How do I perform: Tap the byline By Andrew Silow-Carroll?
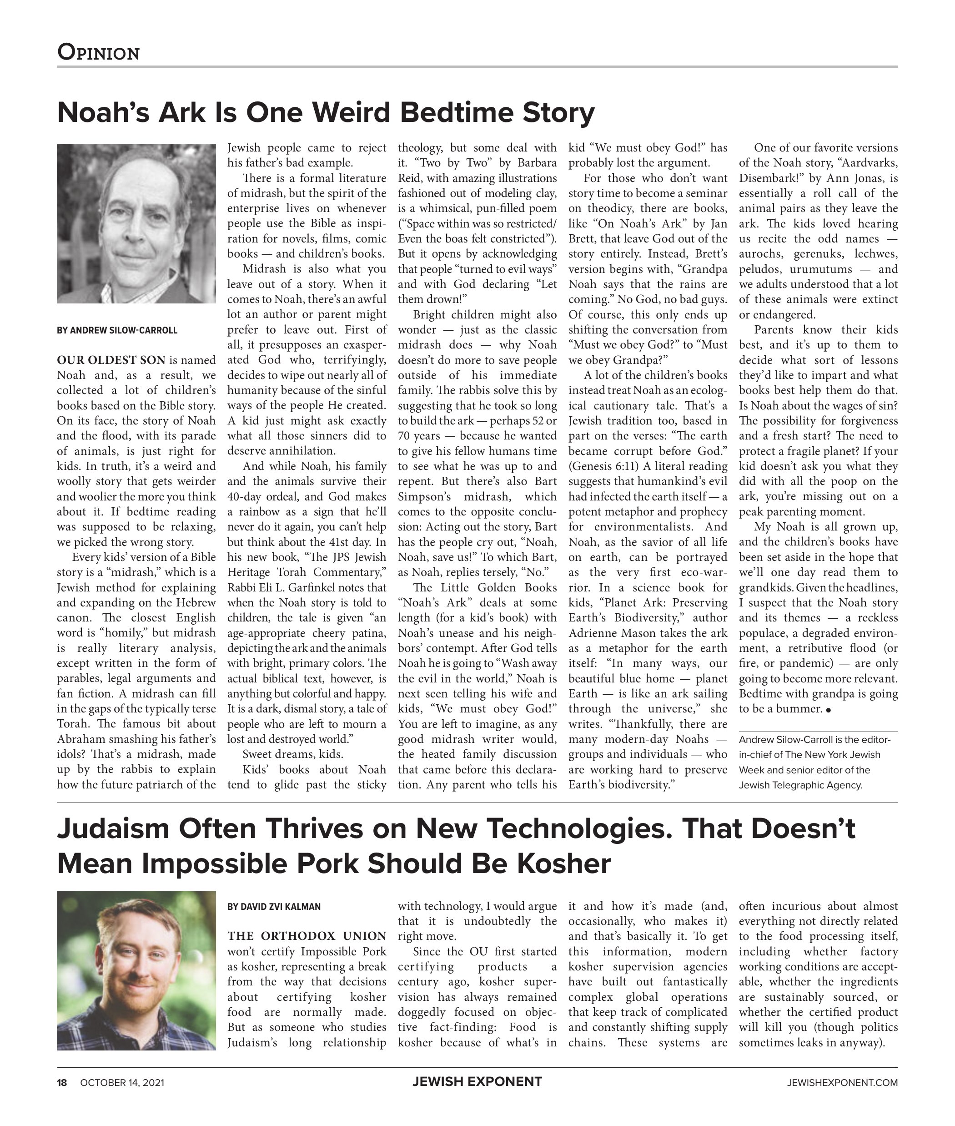[117, 330]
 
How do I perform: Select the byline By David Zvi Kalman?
[274, 907]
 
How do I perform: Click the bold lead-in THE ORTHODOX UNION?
[307, 936]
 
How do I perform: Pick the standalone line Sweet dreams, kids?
[292, 754]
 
